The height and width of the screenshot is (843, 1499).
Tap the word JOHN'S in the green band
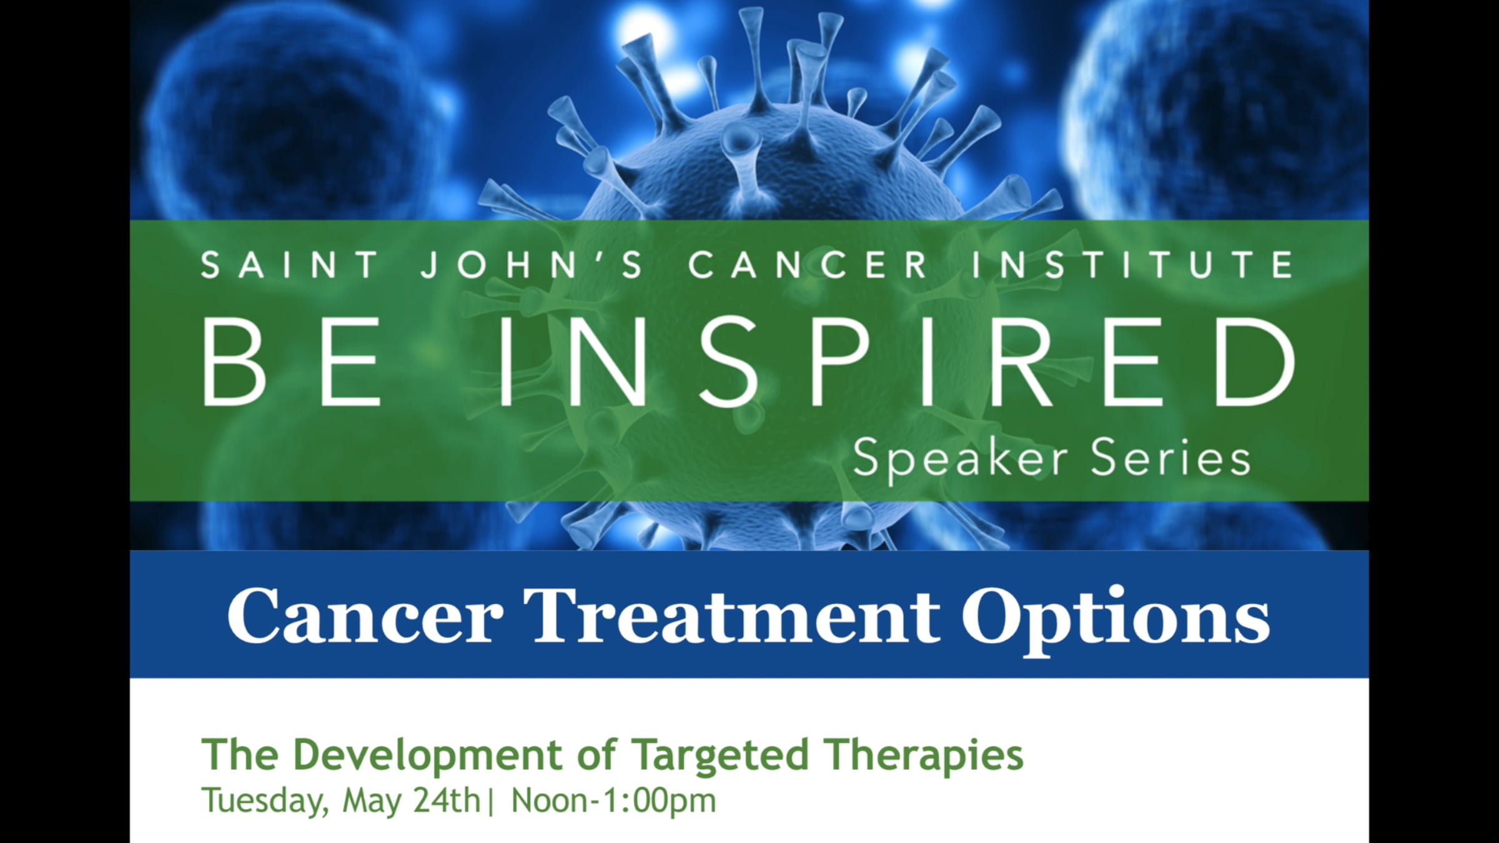[532, 265]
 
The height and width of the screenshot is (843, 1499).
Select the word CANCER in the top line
[808, 265]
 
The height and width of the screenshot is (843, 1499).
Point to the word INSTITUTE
[1132, 265]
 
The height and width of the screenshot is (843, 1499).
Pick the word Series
[1171, 458]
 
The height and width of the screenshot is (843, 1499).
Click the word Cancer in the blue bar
[365, 615]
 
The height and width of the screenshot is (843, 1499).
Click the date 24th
[447, 801]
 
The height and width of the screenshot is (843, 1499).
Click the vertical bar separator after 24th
[491, 802]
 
